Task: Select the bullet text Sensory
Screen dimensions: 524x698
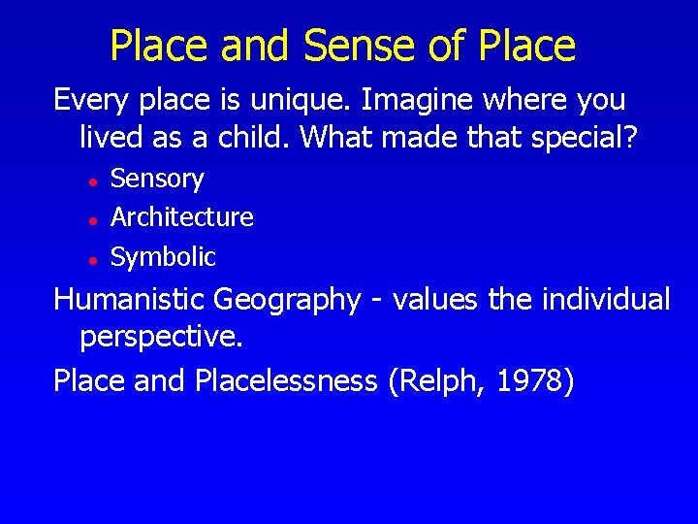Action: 157,180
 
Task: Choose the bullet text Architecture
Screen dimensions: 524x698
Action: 182,217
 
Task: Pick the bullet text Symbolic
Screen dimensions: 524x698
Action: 163,257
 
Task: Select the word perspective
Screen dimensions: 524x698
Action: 161,339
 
